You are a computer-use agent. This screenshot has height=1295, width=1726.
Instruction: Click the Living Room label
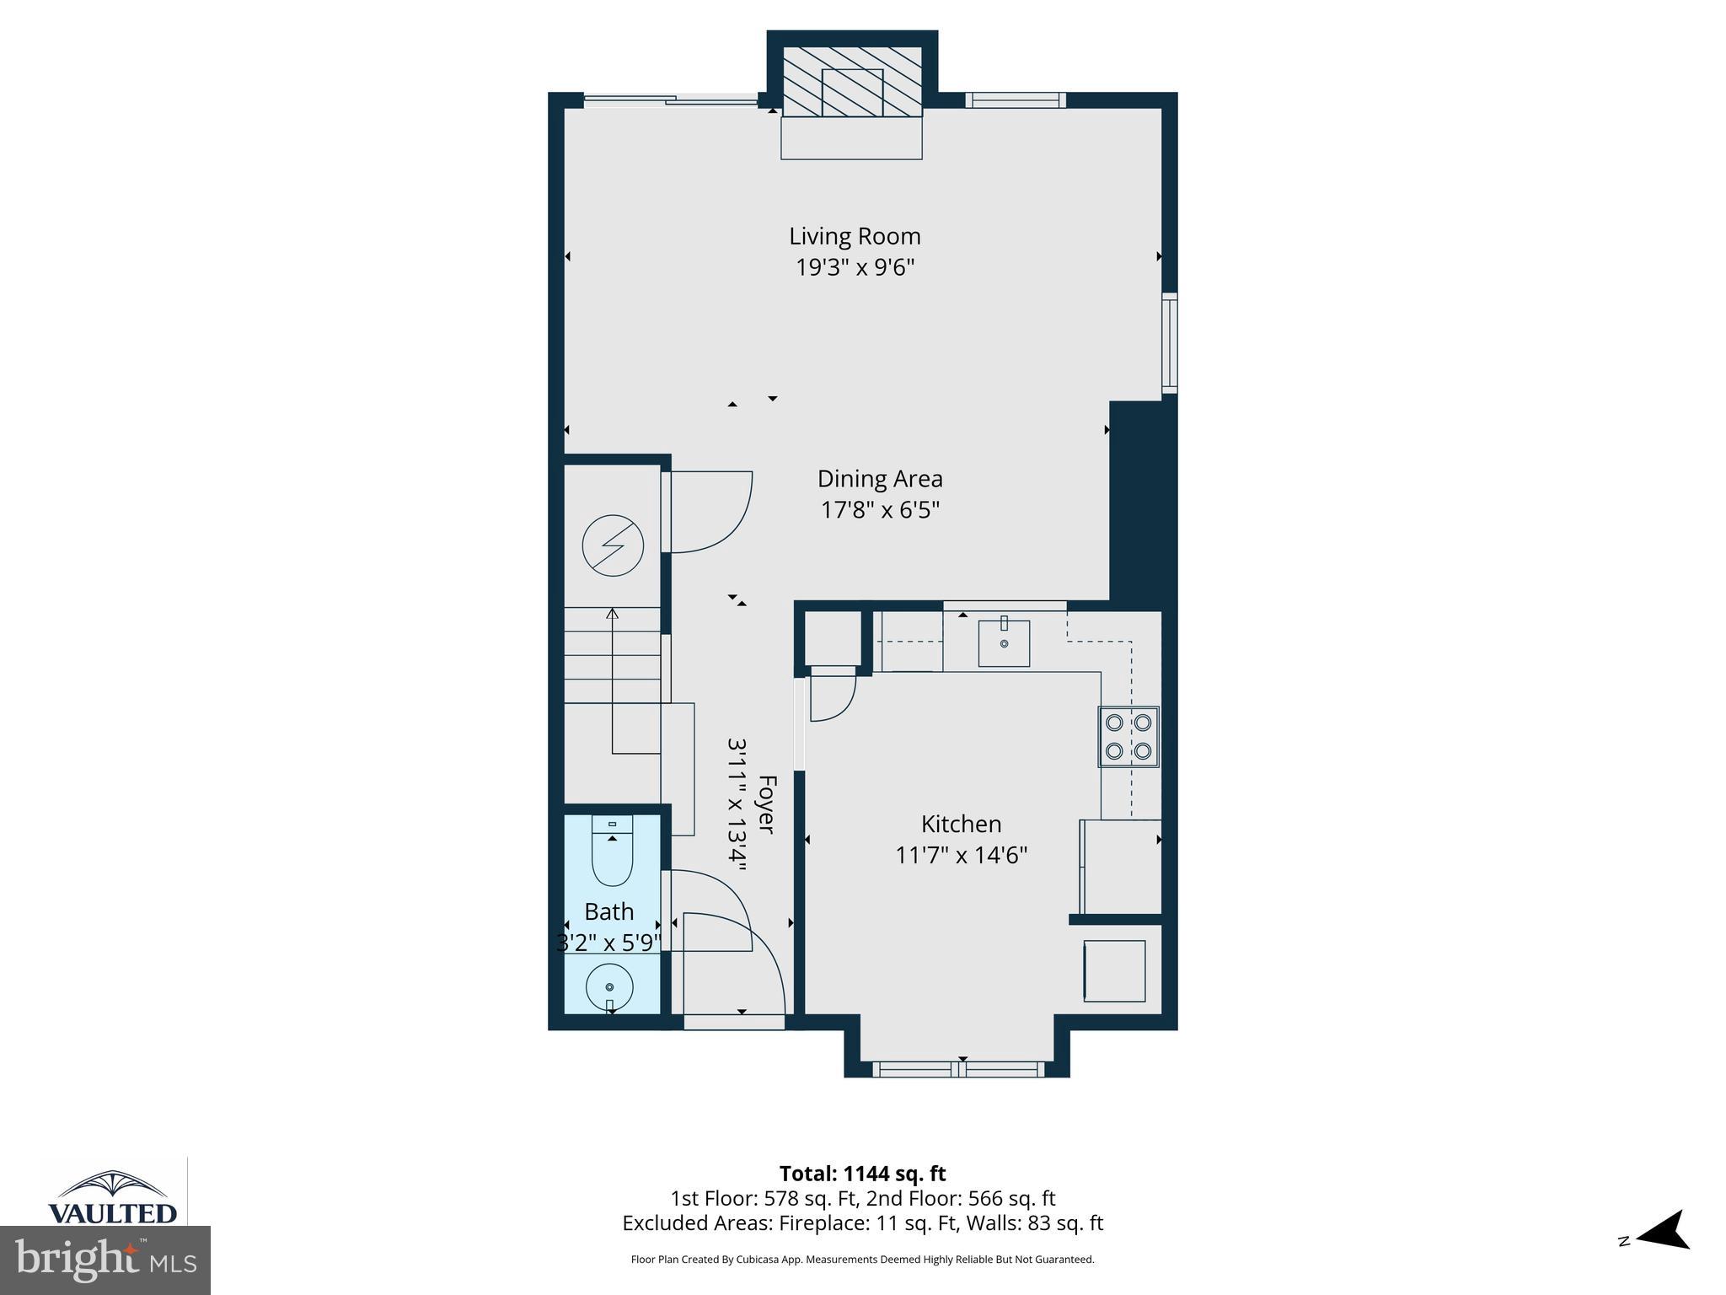855,236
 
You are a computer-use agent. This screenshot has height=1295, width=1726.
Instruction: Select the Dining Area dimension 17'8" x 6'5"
880,510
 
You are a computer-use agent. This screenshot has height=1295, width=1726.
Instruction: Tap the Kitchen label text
961,824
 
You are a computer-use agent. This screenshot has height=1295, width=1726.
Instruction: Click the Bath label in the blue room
608,911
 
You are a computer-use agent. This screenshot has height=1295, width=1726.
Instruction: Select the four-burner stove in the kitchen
1128,736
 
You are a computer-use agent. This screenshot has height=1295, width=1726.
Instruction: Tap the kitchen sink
1004,642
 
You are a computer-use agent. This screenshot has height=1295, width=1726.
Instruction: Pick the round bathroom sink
609,986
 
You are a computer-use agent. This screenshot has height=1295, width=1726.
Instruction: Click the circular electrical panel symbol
613,545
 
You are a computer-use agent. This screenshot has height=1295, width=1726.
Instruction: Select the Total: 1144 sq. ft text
862,1174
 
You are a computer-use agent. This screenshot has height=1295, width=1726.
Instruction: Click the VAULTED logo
113,1197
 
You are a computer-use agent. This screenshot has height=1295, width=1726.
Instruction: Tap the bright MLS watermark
105,1260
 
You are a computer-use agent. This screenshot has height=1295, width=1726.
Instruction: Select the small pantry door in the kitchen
832,693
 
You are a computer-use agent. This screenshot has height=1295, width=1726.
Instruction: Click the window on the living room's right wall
1170,342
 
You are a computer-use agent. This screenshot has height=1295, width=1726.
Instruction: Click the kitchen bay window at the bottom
958,1069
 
